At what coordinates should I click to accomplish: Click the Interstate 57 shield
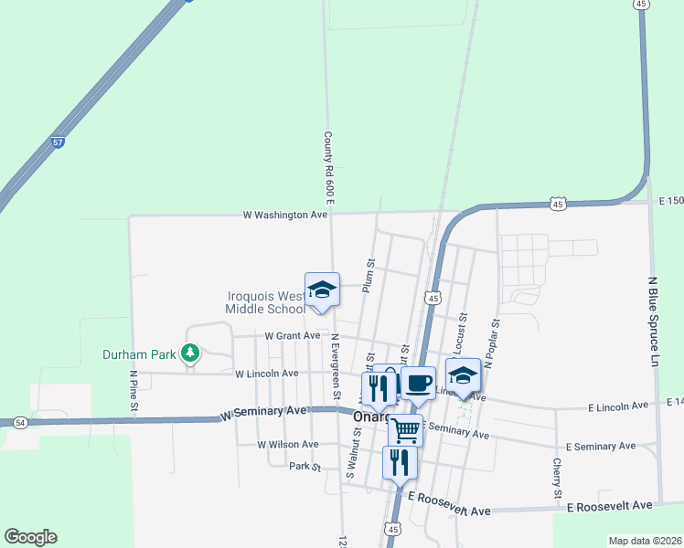point(58,142)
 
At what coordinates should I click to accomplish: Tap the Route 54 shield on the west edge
point(19,422)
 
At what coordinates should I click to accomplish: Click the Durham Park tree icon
point(190,353)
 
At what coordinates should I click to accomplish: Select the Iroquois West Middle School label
point(267,302)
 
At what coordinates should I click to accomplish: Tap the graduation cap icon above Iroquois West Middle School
point(322,290)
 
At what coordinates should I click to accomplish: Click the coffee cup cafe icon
point(418,383)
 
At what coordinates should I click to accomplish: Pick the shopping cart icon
point(405,430)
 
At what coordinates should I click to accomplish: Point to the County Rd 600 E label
point(328,166)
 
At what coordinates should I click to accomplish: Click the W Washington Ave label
point(284,215)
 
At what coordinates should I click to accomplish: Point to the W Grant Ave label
point(293,335)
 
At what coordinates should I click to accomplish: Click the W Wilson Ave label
point(287,445)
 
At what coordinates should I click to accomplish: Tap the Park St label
point(305,467)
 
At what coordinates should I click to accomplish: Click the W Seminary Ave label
point(263,413)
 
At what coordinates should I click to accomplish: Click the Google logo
point(30,537)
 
